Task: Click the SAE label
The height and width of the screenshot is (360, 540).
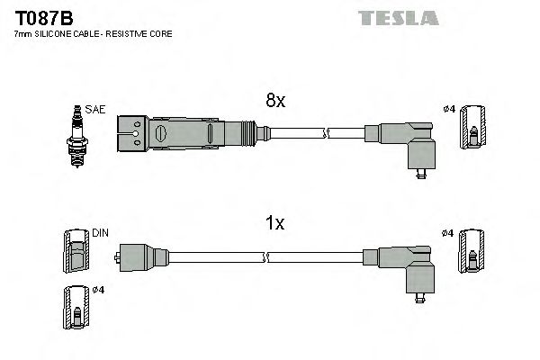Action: (96, 109)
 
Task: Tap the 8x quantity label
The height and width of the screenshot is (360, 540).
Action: (274, 102)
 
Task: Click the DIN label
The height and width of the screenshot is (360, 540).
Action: (100, 232)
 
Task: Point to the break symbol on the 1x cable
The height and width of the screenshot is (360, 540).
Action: (265, 258)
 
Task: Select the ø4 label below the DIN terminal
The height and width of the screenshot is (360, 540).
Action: (100, 291)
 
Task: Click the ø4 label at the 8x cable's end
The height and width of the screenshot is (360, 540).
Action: (449, 110)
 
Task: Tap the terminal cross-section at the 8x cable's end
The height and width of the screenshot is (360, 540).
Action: (472, 130)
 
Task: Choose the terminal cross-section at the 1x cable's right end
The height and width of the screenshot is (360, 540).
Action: (472, 253)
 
